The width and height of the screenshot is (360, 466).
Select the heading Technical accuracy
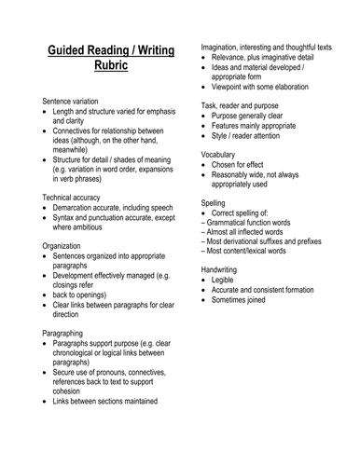pyautogui.click(x=79, y=198)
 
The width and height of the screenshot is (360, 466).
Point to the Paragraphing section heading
pyautogui.click(x=70, y=332)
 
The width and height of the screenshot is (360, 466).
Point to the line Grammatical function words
pyautogui.click(x=257, y=225)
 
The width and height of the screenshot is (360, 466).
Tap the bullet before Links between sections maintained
pyautogui.click(x=47, y=402)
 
